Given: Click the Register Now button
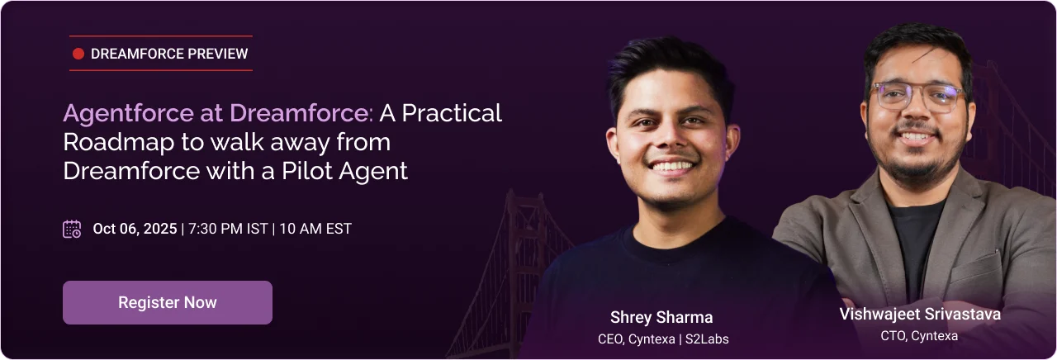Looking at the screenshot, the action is (168, 302).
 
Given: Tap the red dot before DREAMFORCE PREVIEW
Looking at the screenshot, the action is (78, 54).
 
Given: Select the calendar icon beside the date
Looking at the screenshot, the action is (72, 229).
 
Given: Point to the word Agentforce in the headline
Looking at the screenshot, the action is (128, 114).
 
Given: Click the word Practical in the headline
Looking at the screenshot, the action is (452, 113).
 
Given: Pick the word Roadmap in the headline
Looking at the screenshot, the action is (118, 142).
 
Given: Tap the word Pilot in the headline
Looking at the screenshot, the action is (306, 170).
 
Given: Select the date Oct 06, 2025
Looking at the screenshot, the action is (135, 229).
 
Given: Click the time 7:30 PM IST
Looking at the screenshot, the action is (228, 229).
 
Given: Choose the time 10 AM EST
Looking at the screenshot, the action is (315, 229).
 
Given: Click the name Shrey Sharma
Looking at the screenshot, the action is (661, 318).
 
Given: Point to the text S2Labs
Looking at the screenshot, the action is (707, 339).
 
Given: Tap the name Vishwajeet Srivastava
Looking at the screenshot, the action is (920, 315).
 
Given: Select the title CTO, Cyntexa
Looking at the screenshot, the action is (919, 336).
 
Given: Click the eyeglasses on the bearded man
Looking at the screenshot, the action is (917, 96).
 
